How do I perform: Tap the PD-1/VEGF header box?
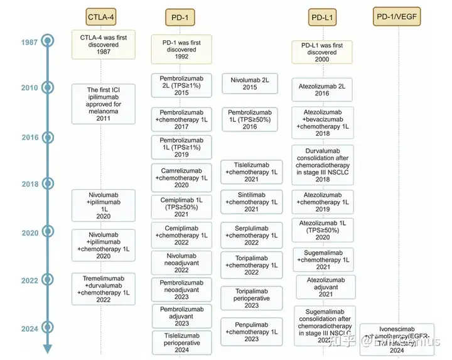click(x=398, y=16)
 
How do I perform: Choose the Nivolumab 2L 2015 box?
click(x=249, y=84)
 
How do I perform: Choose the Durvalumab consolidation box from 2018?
click(x=323, y=165)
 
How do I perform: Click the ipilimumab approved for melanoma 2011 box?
click(x=103, y=104)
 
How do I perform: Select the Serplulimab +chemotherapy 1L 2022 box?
click(x=249, y=235)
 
